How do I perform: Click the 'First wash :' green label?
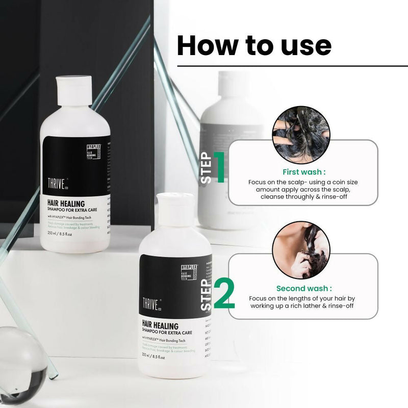[304, 172]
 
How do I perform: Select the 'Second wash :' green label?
[304, 288]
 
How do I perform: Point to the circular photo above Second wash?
[301, 249]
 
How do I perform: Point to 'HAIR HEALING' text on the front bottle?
[160, 325]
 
